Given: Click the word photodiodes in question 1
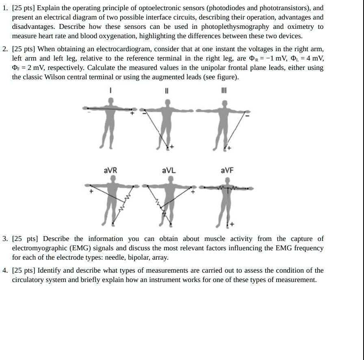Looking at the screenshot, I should pyautogui.click(x=228, y=8).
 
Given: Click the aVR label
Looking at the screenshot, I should pyautogui.click(x=110, y=170).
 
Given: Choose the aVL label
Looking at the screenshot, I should pyautogui.click(x=169, y=170).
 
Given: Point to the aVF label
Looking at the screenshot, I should pyautogui.click(x=227, y=170).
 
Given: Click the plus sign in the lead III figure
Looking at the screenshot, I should pyautogui.click(x=229, y=148).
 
